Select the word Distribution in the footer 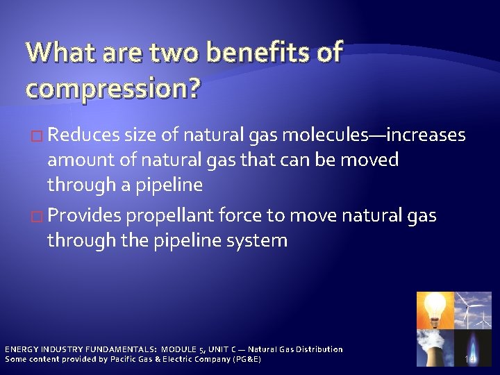click(315, 349)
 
